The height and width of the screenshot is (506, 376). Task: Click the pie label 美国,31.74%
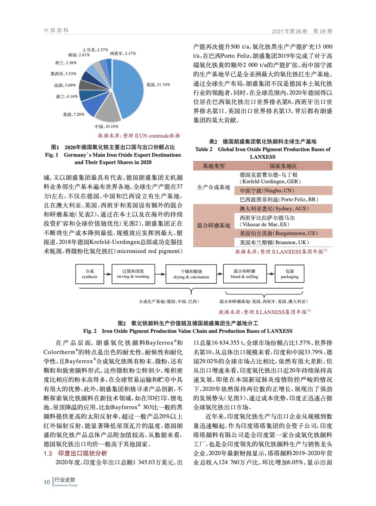coord(158,85)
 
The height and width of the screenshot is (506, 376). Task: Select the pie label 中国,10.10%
coord(106,126)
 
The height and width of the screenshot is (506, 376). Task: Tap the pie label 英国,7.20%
coord(73,114)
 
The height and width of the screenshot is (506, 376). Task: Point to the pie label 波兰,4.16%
coord(67,96)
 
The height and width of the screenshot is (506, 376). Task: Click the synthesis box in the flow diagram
coord(90,274)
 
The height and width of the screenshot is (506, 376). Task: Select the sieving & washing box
coord(133,274)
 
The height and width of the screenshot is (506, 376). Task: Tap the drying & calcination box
coord(191,274)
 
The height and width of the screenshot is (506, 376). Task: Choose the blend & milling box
coord(245,274)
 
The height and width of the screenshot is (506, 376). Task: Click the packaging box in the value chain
coord(290,274)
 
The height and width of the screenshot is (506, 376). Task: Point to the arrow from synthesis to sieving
coord(108,274)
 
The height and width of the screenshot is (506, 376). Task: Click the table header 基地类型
coord(213,166)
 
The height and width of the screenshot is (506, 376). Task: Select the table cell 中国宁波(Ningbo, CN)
coord(267,191)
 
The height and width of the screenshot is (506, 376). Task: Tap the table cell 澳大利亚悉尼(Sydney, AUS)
coord(274,209)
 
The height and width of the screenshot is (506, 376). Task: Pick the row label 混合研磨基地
coord(213,225)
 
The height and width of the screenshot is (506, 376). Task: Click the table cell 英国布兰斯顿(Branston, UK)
coord(274,243)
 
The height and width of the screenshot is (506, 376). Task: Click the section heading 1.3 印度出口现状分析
coord(75,454)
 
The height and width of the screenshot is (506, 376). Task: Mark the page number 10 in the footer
coord(47,482)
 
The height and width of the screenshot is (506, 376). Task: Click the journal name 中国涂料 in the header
coord(56,30)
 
